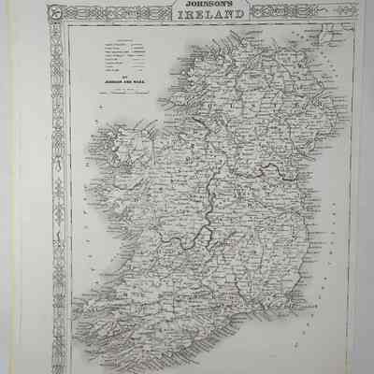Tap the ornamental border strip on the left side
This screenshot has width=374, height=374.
(60, 187)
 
